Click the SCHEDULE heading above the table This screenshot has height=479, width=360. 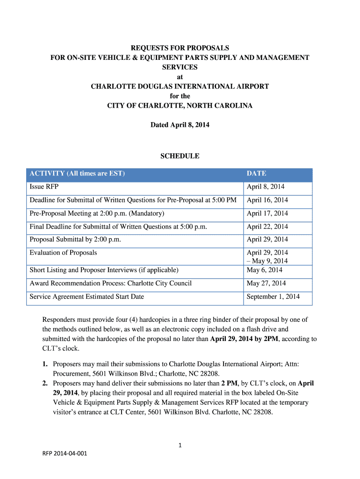coord(180,156)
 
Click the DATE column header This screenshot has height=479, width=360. coord(256,174)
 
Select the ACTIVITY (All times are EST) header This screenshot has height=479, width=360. coord(77,174)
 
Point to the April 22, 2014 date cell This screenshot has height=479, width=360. coord(267,227)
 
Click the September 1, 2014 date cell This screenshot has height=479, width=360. coord(273,297)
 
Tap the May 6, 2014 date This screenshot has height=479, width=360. coord(264,270)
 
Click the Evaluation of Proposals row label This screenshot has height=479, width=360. coord(64,253)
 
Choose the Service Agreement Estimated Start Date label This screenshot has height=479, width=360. coord(87,297)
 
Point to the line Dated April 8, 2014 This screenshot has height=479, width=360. coord(180,125)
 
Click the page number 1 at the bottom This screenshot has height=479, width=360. coord(180,446)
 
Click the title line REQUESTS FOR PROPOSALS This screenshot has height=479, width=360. coord(180,48)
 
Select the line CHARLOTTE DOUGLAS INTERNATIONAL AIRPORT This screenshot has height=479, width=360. coord(180,87)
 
